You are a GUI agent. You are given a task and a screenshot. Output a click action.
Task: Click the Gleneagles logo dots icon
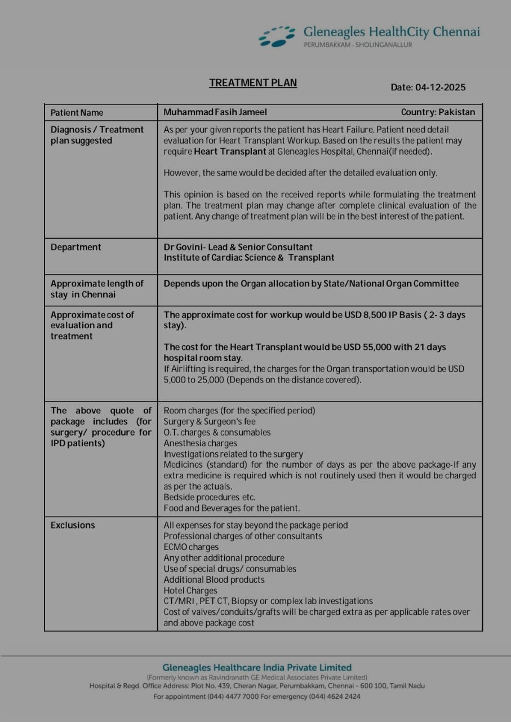pyautogui.click(x=277, y=36)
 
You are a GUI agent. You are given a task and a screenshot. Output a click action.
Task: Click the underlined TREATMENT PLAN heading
pyautogui.click(x=253, y=83)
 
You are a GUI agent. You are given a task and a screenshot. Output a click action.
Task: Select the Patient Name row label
pyautogui.click(x=77, y=112)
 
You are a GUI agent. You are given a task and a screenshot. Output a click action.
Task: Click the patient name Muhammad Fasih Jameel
pyautogui.click(x=215, y=112)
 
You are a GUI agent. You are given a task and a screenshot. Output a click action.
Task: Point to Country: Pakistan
pyautogui.click(x=438, y=112)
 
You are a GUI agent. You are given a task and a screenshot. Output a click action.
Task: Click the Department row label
pyautogui.click(x=76, y=247)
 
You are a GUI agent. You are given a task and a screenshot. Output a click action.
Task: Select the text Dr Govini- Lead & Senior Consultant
pyautogui.click(x=238, y=247)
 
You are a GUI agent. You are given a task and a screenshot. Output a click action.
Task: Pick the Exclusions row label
pyautogui.click(x=73, y=525)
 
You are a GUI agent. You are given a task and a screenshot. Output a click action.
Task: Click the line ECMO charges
pyautogui.click(x=191, y=547)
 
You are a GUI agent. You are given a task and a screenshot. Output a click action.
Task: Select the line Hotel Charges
pyautogui.click(x=190, y=591)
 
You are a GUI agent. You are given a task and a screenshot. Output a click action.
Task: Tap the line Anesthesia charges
pyautogui.click(x=200, y=443)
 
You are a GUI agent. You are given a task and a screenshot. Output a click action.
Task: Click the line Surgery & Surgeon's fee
pyautogui.click(x=209, y=421)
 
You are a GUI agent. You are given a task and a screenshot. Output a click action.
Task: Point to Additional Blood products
pyautogui.click(x=214, y=580)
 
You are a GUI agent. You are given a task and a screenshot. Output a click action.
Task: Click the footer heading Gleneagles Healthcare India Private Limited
pyautogui.click(x=256, y=667)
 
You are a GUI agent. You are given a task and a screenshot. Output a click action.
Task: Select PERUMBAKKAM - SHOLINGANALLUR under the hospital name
pyautogui.click(x=357, y=45)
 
